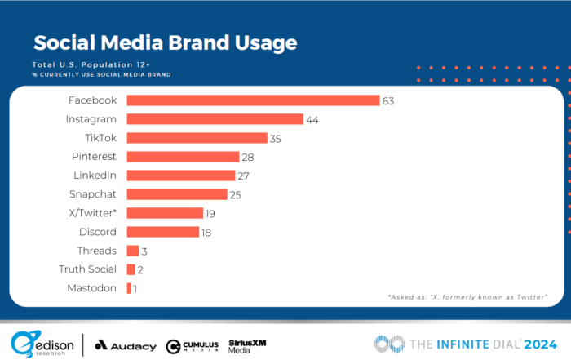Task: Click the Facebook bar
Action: coord(253,100)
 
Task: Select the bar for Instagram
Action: coord(215,119)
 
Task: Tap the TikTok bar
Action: coord(197,138)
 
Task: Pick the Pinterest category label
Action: coord(93,157)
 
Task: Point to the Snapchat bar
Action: coord(177,194)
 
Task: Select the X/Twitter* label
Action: coord(91,213)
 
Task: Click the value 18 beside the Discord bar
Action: coord(207,232)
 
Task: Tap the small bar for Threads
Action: coord(133,251)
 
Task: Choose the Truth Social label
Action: coord(87,269)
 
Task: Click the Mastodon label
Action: coord(91,288)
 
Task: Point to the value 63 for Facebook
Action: coord(388,100)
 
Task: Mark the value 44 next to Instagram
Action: coord(312,119)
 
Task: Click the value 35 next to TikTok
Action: coord(276,138)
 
